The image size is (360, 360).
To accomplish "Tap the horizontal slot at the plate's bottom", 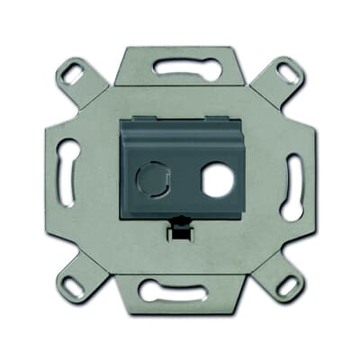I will [x=180, y=291].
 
